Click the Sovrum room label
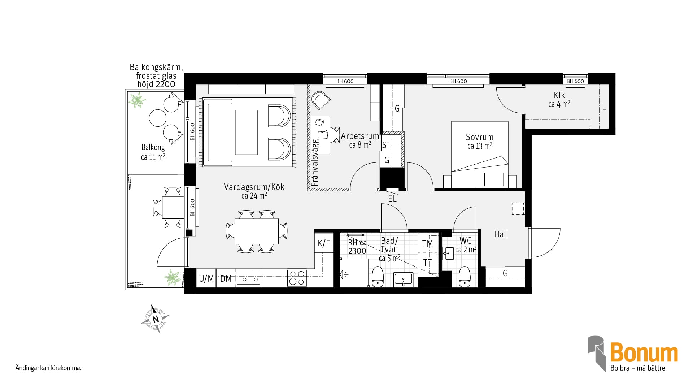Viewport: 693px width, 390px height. [479, 137]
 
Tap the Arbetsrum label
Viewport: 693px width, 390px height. [360, 136]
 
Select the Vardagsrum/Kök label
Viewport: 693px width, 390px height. [254, 187]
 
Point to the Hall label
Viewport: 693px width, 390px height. [501, 234]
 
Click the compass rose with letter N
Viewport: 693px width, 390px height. [156, 319]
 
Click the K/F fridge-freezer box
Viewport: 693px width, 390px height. [324, 243]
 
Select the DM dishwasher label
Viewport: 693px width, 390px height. [226, 278]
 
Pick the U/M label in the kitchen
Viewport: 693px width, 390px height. [206, 278]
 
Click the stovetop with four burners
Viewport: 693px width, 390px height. [297, 278]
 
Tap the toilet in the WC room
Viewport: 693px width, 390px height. [464, 277]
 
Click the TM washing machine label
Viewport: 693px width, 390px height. [427, 244]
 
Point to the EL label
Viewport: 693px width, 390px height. [392, 199]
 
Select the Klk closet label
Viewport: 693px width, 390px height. [559, 95]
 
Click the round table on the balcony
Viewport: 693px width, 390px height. [157, 118]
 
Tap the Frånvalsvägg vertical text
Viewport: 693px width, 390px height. [315, 162]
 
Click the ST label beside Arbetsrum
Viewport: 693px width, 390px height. [387, 145]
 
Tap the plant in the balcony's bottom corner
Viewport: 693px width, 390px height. [172, 277]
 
